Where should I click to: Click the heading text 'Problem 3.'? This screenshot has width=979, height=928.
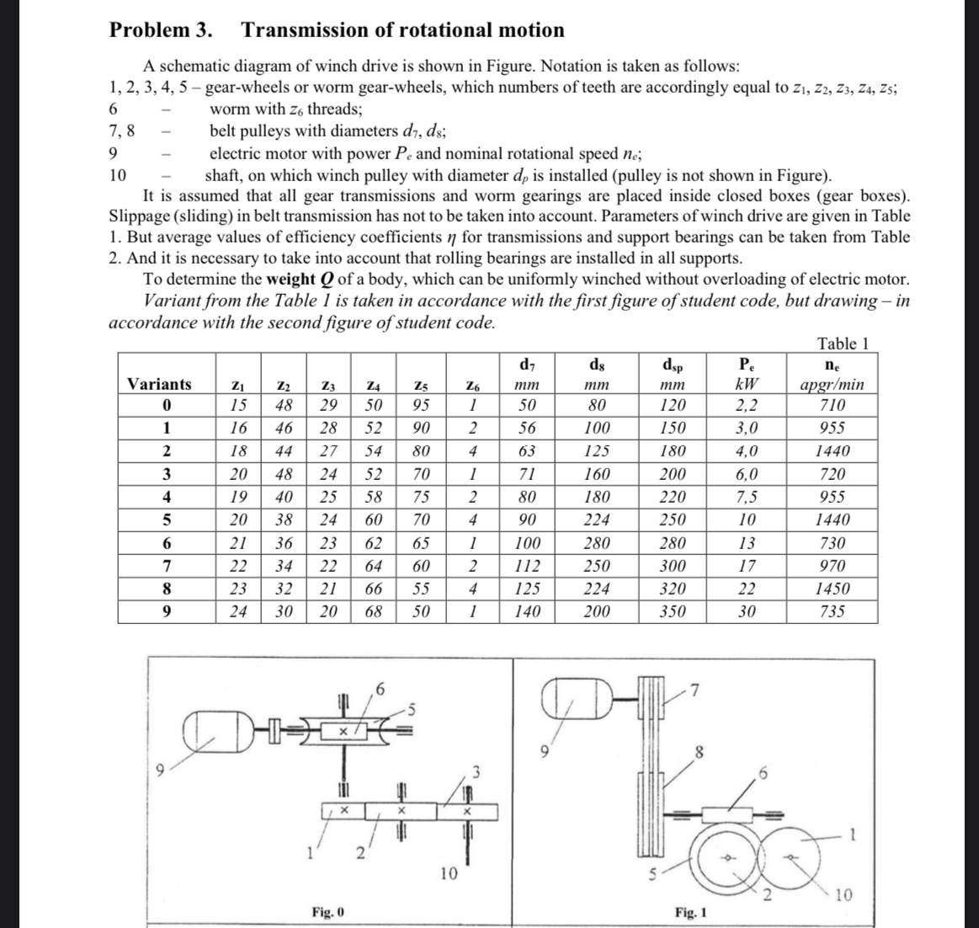[161, 30]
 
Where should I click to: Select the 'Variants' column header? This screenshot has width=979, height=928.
[159, 384]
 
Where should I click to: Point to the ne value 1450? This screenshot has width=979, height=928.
[832, 589]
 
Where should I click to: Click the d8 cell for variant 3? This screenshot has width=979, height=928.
[597, 474]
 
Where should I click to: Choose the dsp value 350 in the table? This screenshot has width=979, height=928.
[673, 611]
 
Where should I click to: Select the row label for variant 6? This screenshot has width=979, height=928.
[167, 543]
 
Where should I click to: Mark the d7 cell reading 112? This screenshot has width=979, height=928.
[526, 566]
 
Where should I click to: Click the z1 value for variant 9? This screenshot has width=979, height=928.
[238, 611]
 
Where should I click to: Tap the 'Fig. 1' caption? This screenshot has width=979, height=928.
[690, 912]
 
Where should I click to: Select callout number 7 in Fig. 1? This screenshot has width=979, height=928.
[694, 693]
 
